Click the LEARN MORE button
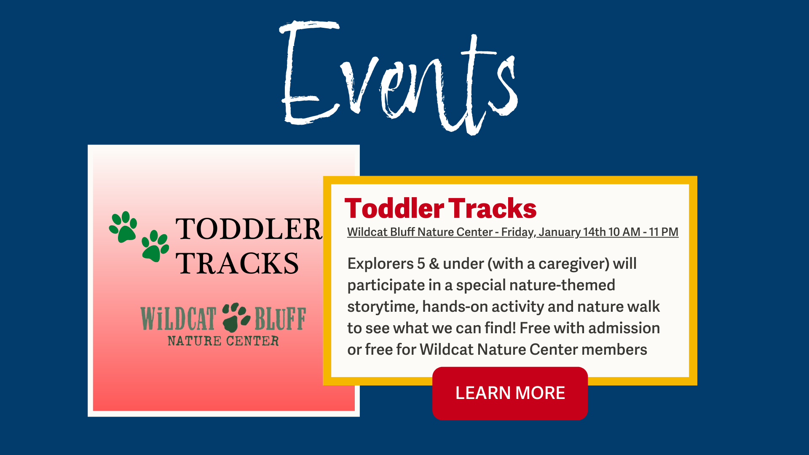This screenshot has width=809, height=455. coord(510,393)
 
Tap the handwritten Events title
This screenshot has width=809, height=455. coord(398,78)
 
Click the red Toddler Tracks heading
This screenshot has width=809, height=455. coord(440,209)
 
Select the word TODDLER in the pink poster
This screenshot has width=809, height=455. coord(249,229)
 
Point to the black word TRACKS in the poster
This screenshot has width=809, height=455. coord(237,264)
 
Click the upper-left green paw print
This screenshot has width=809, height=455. coord(123,227)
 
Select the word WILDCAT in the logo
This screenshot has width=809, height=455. coord(178,318)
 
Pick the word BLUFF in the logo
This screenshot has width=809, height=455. coord(280,318)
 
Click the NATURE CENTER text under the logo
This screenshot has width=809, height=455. coord(223,341)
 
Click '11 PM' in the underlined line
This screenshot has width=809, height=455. coord(664,232)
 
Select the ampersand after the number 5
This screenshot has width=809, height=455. coord(434,264)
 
